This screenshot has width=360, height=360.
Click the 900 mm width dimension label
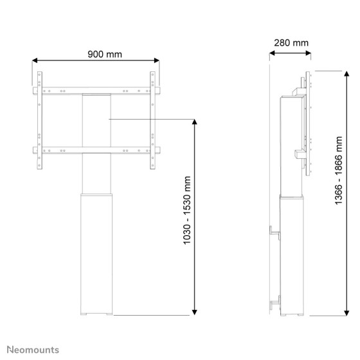105,54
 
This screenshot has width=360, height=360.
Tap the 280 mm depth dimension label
291,43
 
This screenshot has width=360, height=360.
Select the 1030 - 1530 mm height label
187,210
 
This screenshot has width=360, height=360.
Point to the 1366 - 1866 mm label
339,170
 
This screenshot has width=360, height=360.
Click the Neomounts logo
33,350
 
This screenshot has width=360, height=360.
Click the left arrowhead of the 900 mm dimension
35,60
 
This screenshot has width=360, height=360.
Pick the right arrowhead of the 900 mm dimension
157,60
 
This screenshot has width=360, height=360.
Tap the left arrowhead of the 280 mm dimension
272,53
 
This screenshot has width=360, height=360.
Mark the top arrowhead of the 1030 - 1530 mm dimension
194,122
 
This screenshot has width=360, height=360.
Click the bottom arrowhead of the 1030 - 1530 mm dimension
194,312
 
